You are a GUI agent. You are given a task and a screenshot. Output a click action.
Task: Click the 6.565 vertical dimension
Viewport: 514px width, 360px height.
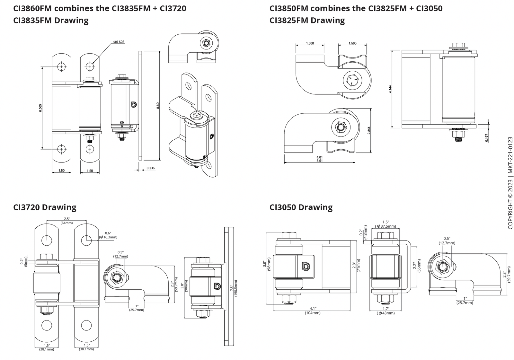coord(40,108)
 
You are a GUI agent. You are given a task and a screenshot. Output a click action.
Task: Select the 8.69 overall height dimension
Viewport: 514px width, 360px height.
coord(158,105)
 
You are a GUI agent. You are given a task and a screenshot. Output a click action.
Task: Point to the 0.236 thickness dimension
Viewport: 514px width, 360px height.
coord(150,168)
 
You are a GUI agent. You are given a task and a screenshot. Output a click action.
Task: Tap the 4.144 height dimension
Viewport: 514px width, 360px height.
coord(390,89)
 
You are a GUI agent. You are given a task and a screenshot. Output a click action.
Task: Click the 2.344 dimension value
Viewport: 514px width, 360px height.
coord(369,130)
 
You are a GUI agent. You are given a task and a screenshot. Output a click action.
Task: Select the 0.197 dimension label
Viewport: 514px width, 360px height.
coord(487,138)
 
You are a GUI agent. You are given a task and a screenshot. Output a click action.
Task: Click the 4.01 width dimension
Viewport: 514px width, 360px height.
coord(319,157)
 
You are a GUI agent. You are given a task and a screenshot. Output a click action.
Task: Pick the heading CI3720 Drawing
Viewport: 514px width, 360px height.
coord(45,207)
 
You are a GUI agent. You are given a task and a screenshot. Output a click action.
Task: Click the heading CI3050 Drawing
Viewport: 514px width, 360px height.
coord(301,207)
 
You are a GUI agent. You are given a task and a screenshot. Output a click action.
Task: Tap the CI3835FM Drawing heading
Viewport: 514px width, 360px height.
coord(51,20)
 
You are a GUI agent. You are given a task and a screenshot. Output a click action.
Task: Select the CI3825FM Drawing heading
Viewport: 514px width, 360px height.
coord(307,20)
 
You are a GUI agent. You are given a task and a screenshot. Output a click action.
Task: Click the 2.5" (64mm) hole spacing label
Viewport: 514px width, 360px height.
coord(67,221)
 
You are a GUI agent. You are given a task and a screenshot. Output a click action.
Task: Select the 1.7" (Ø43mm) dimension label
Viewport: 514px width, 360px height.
coord(385,311)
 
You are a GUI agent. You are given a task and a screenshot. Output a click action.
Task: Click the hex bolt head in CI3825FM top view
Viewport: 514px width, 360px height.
coord(352,79)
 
